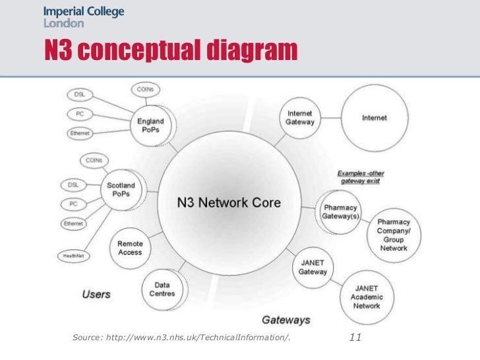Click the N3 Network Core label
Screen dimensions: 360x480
coord(229,202)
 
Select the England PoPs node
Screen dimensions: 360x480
coord(151,125)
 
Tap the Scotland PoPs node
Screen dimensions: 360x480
coord(122,189)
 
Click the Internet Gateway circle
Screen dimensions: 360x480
coord(299,118)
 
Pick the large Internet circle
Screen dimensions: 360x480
coord(374,118)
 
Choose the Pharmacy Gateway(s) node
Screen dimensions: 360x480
coord(340,212)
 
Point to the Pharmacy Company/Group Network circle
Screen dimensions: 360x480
coord(394,235)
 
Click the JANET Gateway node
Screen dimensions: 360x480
coord(313,267)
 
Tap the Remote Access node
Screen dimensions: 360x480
coord(130,248)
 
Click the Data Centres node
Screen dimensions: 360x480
coord(162,289)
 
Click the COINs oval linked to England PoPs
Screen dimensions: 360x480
coord(146,89)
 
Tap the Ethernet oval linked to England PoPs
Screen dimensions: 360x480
coord(80,133)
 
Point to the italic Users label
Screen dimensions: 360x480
coord(96,294)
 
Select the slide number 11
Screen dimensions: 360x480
coord(355,338)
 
